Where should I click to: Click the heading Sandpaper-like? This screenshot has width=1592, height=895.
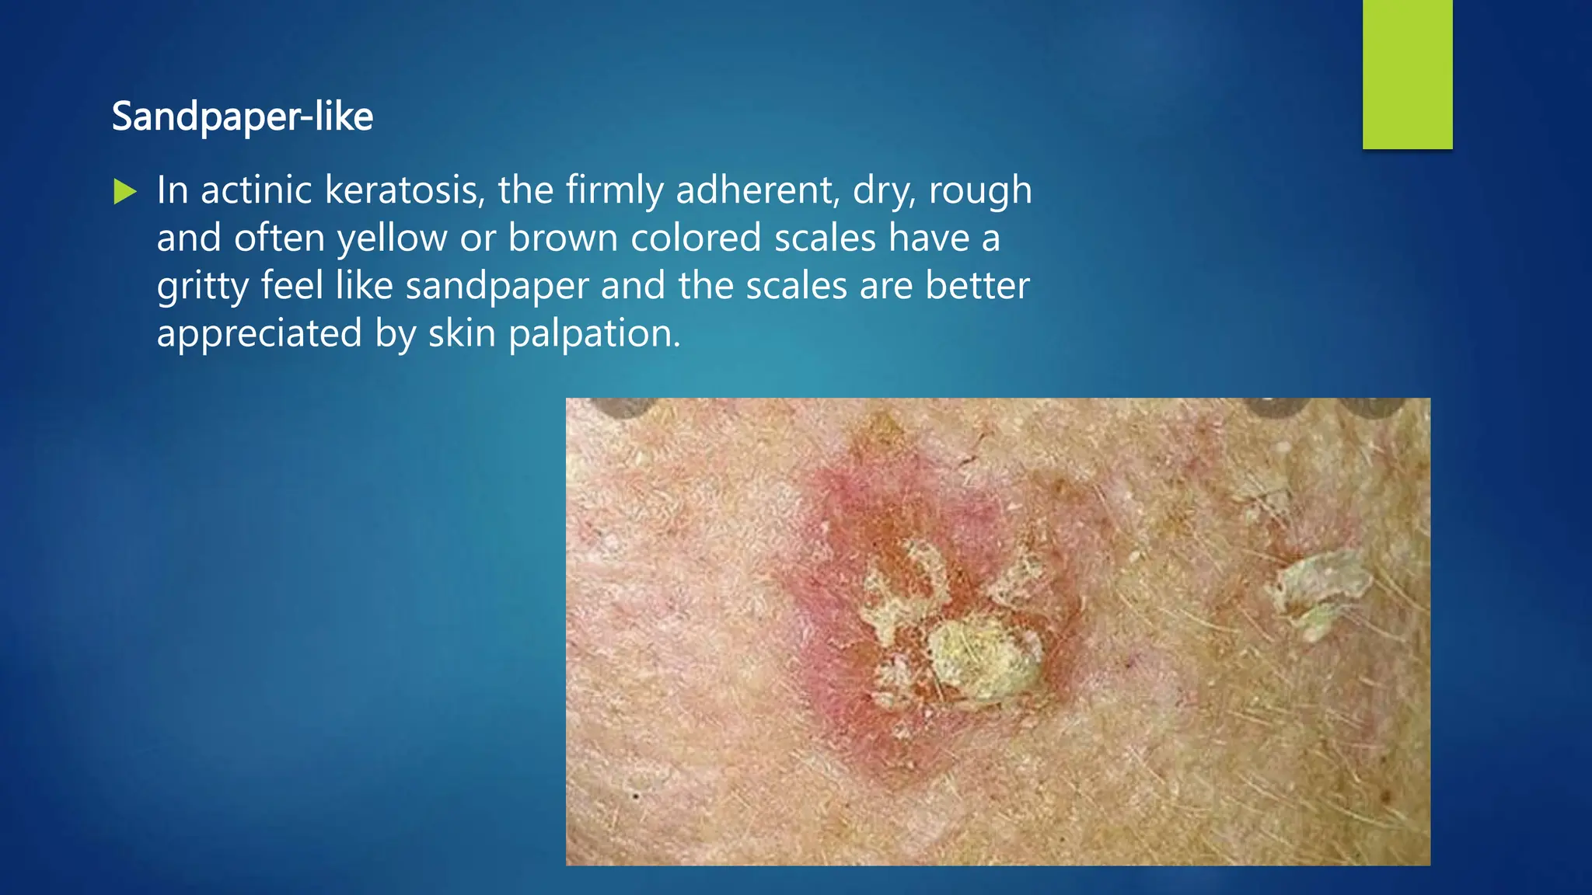click(x=243, y=117)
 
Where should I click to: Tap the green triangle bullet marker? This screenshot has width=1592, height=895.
click(x=124, y=191)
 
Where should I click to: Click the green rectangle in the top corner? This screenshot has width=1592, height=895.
click(x=1407, y=74)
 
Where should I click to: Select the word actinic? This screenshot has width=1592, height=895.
click(x=256, y=190)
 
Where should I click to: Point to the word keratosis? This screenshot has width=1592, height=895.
click(x=405, y=190)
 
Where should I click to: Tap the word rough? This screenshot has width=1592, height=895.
click(x=980, y=191)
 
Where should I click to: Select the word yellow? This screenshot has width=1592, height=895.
click(x=392, y=239)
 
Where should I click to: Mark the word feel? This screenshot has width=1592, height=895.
click(x=292, y=285)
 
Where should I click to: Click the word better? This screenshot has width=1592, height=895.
click(x=977, y=285)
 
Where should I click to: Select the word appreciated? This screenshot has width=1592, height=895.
click(x=260, y=334)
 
